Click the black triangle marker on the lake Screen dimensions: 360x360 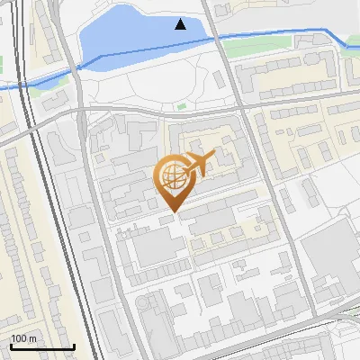pos(181,24)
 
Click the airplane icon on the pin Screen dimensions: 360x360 pos(198,163)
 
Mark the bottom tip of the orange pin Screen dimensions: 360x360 pos(172,211)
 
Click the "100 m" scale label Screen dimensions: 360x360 pos(23,338)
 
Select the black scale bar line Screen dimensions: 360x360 pos(42,347)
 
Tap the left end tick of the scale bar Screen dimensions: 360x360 pos(11,346)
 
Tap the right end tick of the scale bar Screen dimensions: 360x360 pos(74,346)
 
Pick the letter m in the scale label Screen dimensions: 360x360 pos(32,338)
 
